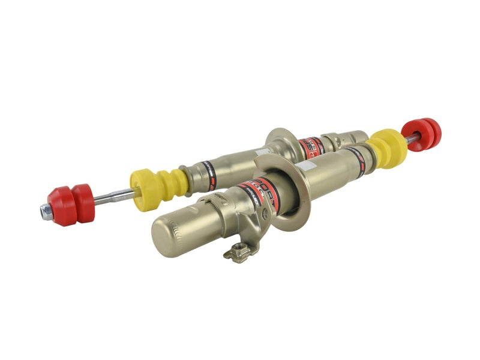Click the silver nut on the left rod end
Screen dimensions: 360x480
46,211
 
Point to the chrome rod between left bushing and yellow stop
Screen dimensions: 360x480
114,196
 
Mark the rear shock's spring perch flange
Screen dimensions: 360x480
281,147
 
